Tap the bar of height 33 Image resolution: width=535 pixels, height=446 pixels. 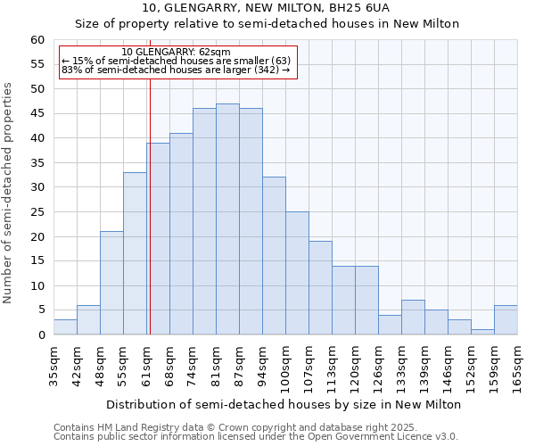pos(135,253)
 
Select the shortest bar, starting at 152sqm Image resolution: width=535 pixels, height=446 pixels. pos(482,332)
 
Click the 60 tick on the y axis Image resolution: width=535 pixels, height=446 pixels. pos(37,40)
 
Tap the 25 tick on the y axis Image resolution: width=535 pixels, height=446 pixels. pos(37,212)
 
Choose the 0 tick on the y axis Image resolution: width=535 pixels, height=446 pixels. pos(41,335)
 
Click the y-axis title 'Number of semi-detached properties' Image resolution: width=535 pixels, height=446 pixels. pos(9,193)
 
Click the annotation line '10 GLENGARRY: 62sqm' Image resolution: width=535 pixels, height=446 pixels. pos(176,53)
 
